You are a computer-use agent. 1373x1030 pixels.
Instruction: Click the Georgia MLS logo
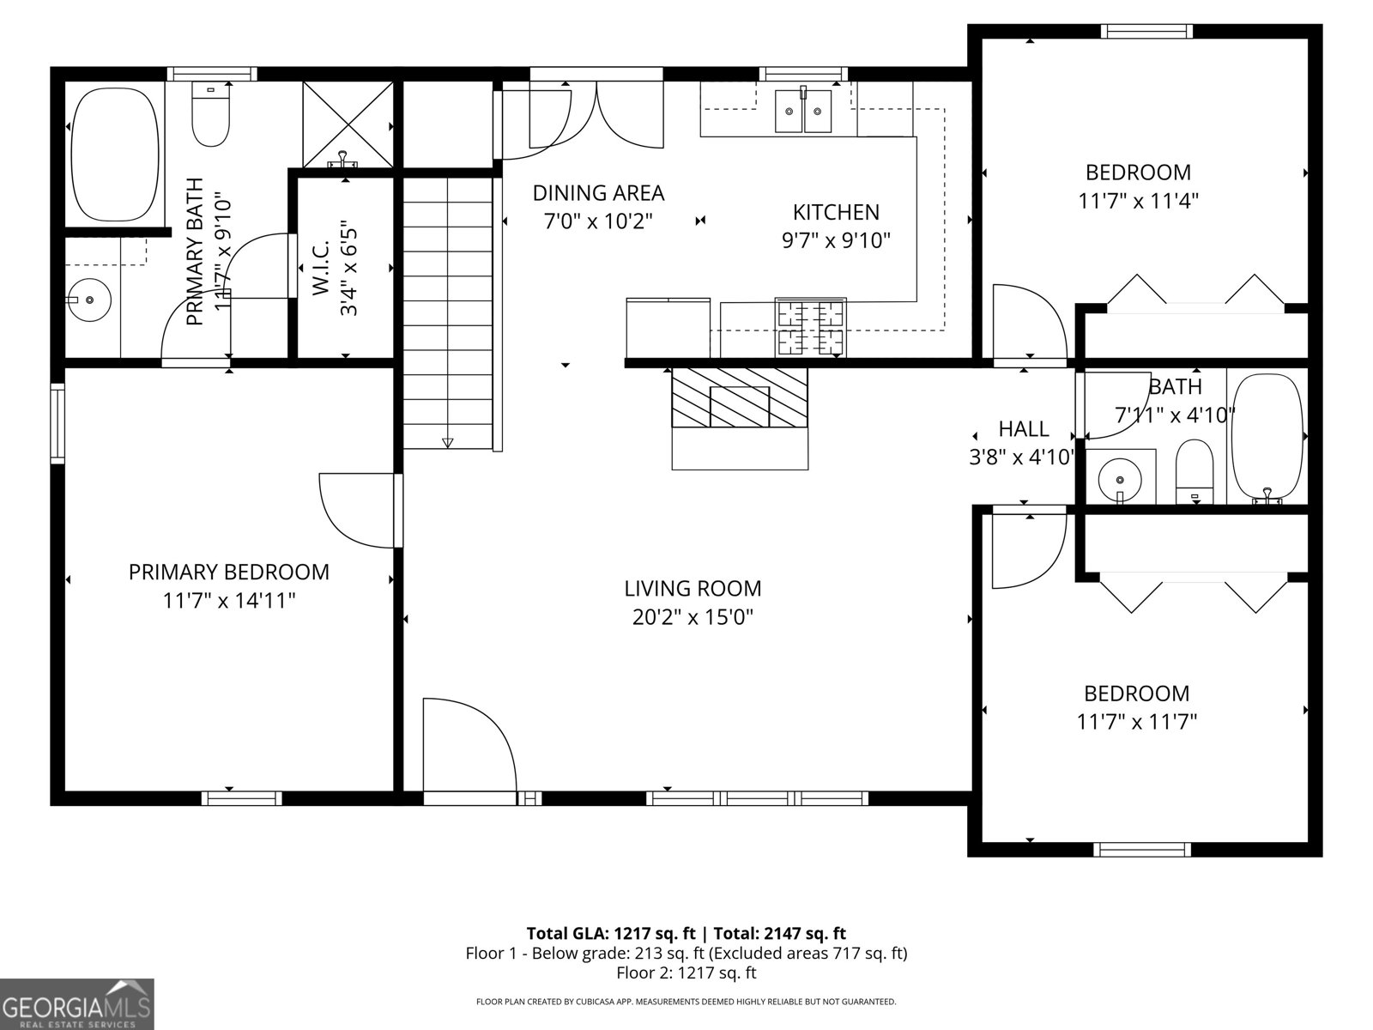click(76, 1003)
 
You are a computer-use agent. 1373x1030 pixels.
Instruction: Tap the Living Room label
click(693, 589)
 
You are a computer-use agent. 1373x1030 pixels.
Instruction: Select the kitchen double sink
click(804, 110)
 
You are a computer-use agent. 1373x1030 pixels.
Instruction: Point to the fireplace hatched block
click(740, 397)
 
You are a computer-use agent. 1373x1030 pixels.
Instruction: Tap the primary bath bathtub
click(115, 155)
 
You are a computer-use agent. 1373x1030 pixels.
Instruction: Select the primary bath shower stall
click(348, 125)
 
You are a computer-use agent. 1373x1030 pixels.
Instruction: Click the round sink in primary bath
click(89, 300)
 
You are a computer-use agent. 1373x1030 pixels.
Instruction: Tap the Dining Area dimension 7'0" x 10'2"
click(599, 221)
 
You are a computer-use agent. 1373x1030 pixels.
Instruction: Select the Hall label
click(1023, 428)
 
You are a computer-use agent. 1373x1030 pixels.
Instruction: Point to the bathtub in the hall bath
click(1267, 436)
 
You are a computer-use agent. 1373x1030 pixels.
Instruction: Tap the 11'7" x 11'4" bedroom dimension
click(1138, 202)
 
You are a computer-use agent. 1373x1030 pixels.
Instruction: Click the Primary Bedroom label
click(228, 572)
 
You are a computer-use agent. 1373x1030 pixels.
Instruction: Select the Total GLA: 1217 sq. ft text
click(610, 934)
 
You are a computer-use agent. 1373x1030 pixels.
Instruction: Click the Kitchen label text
click(835, 212)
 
